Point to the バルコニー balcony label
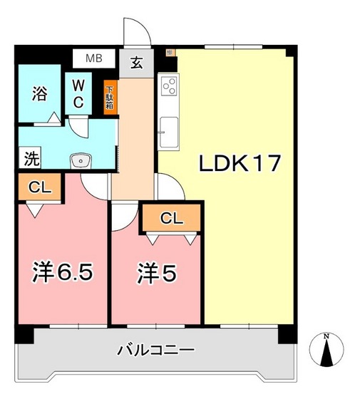[x=155, y=351]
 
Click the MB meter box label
[x=95, y=58]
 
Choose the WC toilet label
[x=78, y=93]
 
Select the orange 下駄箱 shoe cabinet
[x=110, y=95]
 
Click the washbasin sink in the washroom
[x=81, y=161]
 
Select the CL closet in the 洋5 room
[x=171, y=218]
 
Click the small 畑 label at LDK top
[x=169, y=52]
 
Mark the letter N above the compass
[x=326, y=336]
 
